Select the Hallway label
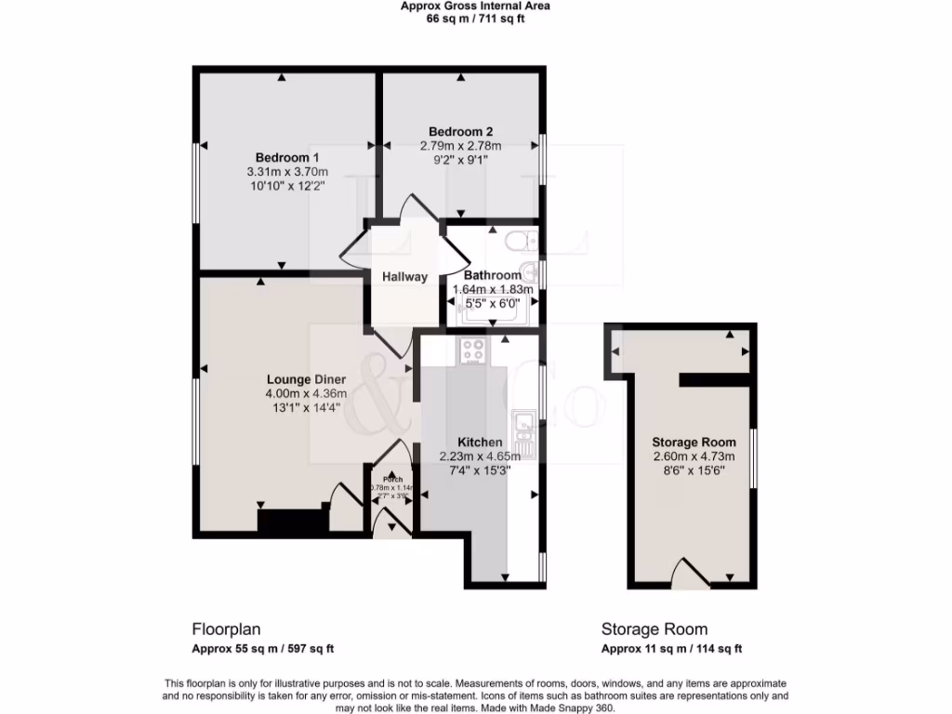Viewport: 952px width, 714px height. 404,277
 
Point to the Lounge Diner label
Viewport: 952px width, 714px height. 306,379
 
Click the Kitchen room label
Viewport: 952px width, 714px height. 480,442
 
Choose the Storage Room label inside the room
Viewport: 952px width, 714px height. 694,442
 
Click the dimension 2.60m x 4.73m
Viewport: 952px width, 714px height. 694,456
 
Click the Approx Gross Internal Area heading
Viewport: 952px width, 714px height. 475,6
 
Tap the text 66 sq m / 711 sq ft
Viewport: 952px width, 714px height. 475,19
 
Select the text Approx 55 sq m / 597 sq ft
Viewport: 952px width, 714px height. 263,649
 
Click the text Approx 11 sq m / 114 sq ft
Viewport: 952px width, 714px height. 671,649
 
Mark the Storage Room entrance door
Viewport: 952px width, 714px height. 689,575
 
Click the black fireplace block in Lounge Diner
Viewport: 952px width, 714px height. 292,520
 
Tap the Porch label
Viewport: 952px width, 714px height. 391,480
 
